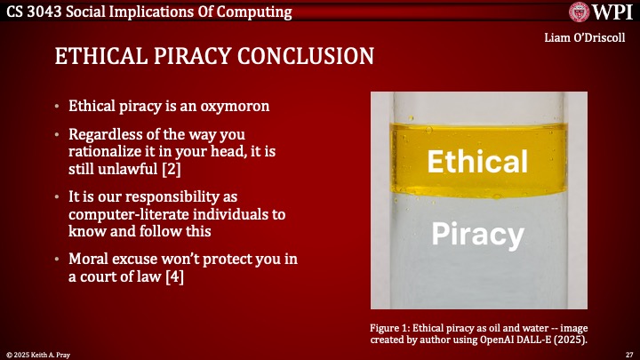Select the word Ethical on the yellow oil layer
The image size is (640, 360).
tap(477, 161)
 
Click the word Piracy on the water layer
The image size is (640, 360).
tap(477, 235)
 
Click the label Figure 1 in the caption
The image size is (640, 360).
tap(390, 325)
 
